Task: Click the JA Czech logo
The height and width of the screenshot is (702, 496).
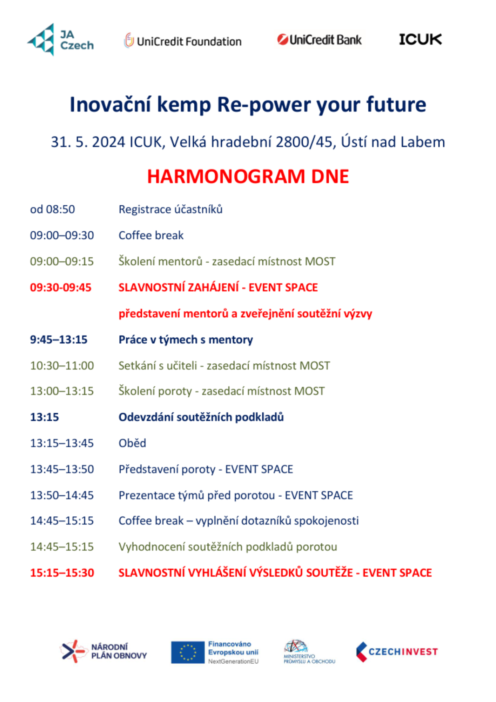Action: [61, 40]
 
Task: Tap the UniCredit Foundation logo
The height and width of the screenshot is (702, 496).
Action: [183, 41]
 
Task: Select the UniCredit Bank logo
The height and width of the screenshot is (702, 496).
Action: [319, 40]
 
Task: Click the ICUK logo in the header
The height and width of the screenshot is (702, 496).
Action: [420, 39]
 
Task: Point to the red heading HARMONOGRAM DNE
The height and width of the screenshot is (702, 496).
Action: [248, 176]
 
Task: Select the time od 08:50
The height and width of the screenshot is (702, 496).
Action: [52, 209]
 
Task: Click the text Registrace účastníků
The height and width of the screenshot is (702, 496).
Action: [170, 209]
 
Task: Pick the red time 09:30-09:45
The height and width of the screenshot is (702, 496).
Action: [60, 287]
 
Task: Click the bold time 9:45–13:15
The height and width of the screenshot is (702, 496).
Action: [59, 339]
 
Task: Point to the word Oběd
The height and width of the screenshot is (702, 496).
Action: [132, 443]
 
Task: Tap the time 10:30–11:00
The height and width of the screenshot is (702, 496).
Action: [62, 365]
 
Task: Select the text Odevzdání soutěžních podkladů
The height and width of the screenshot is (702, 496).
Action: [201, 417]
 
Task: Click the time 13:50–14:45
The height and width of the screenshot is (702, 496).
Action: [62, 495]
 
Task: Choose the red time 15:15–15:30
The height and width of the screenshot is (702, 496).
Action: [62, 572]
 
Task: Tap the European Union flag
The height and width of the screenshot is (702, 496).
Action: [188, 652]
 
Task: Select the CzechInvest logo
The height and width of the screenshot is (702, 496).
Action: [397, 652]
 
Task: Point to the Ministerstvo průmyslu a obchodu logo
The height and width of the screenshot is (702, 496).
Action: [309, 652]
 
